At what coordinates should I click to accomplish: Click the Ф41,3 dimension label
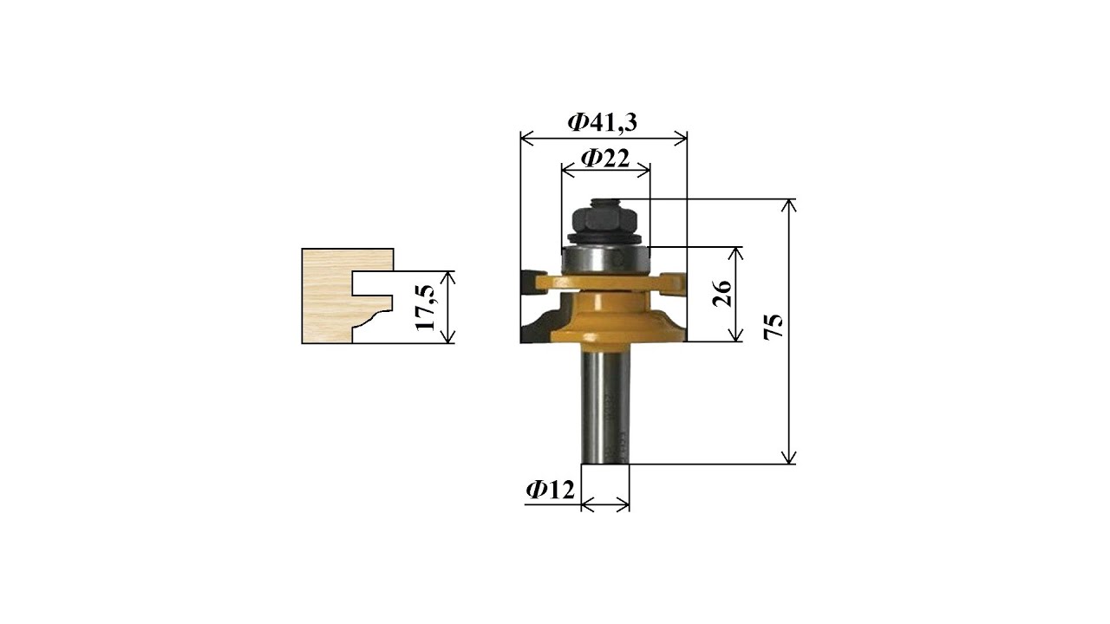602,122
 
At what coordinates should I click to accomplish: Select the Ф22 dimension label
605,159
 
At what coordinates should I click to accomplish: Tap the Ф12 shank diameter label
550,490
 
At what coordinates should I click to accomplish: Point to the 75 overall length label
774,327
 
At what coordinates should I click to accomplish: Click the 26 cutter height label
722,294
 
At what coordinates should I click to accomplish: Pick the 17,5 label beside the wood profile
425,308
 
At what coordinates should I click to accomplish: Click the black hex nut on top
604,219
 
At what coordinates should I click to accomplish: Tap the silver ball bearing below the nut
605,260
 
